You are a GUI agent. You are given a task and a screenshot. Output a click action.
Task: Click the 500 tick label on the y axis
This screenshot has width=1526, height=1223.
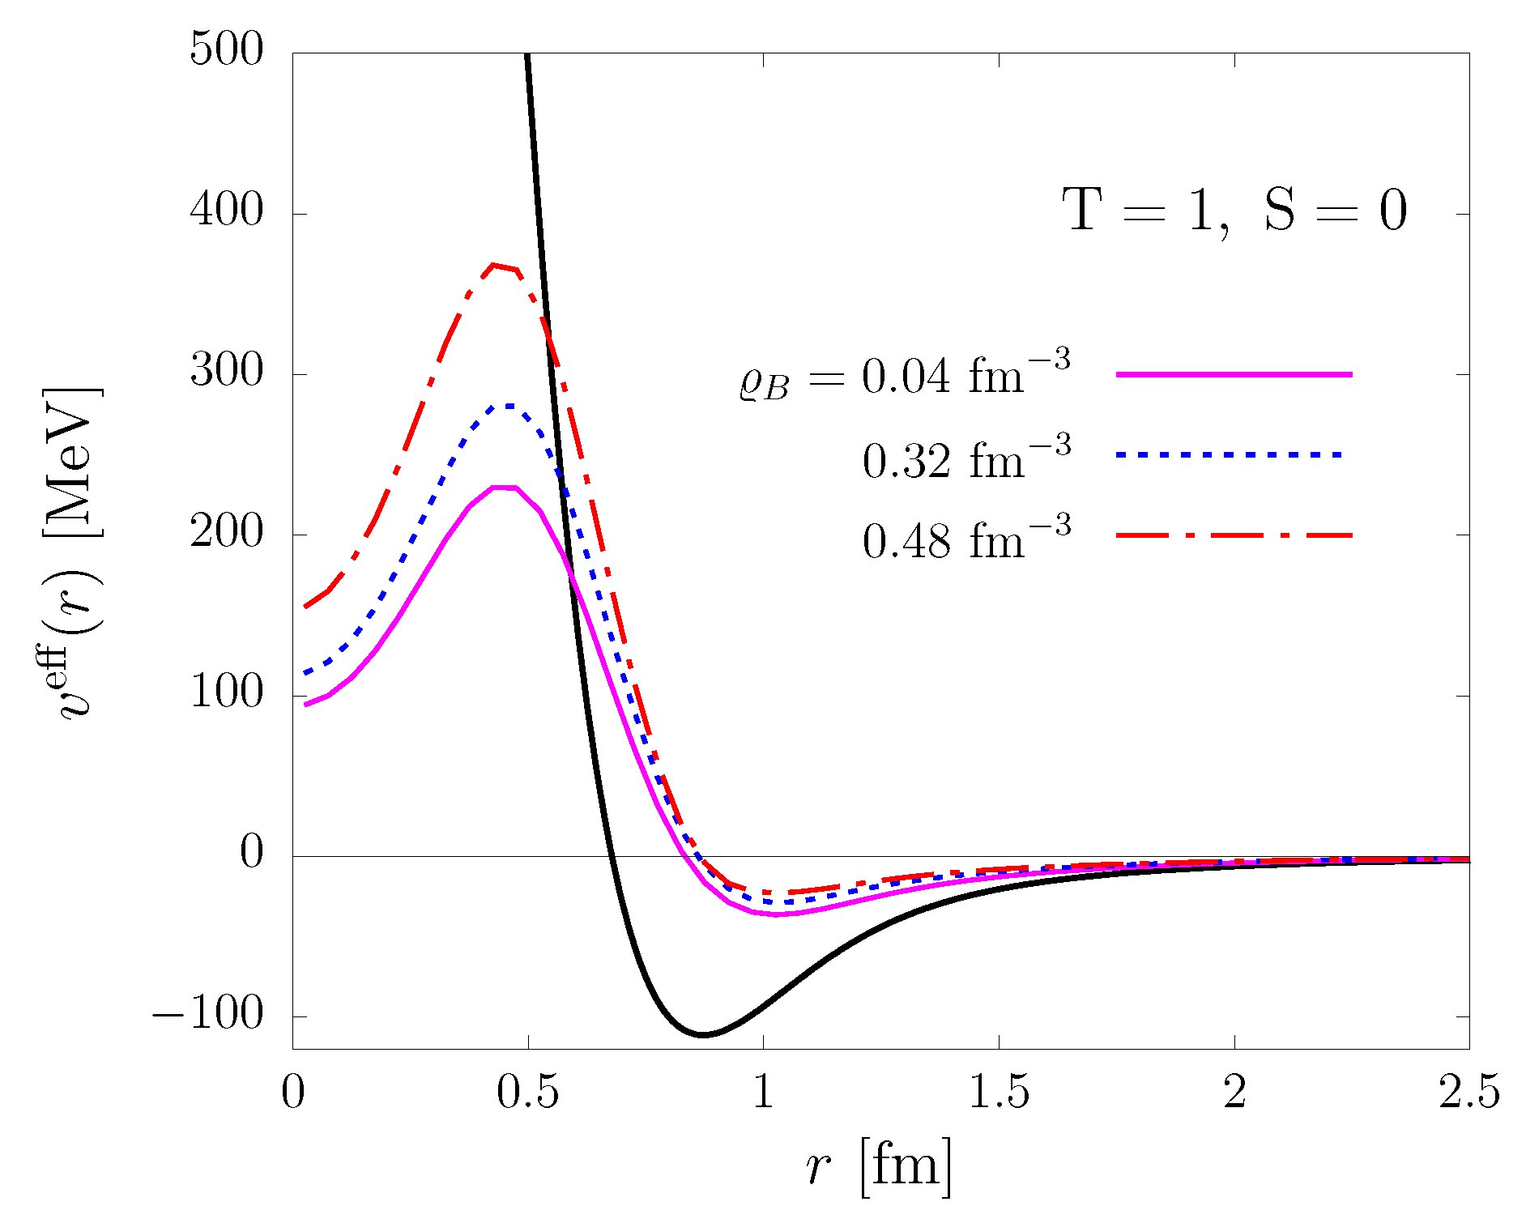pos(226,50)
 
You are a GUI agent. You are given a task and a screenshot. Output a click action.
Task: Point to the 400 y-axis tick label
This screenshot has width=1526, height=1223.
pos(226,211)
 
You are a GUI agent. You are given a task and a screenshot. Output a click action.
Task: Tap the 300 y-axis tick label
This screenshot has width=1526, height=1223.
pos(226,372)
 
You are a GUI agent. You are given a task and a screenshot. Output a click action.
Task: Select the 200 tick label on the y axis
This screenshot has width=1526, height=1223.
pos(226,532)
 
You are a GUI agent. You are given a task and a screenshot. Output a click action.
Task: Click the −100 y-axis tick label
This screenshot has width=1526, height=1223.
pos(208,1014)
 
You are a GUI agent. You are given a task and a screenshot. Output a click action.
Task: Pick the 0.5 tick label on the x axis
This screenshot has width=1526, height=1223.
pos(527,1094)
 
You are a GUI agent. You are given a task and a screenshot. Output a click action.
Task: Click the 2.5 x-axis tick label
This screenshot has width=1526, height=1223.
pos(1468,1094)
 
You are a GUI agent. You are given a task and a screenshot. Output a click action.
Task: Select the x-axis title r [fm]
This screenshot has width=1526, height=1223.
pos(880,1167)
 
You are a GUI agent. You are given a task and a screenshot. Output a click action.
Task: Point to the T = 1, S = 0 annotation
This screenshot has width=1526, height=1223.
pos(1234,211)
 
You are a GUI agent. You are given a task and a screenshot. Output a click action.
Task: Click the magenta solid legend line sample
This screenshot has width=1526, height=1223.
pos(1234,374)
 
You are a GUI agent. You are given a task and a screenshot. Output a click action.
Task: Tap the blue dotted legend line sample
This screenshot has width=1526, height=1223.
pos(1230,455)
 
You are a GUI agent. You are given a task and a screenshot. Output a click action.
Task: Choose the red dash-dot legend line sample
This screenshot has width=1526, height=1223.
pos(1234,535)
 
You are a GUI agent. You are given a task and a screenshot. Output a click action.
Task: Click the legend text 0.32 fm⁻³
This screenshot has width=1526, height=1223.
pos(966,459)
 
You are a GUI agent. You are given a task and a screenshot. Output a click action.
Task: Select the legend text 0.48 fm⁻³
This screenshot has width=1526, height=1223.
pos(966,539)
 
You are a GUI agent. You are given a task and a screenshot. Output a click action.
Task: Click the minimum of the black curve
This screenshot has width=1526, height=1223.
pos(703,1034)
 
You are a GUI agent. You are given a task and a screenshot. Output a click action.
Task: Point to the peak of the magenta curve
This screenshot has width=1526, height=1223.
pos(504,487)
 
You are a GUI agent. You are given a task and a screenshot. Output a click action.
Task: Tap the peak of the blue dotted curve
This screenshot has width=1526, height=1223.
pos(509,405)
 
